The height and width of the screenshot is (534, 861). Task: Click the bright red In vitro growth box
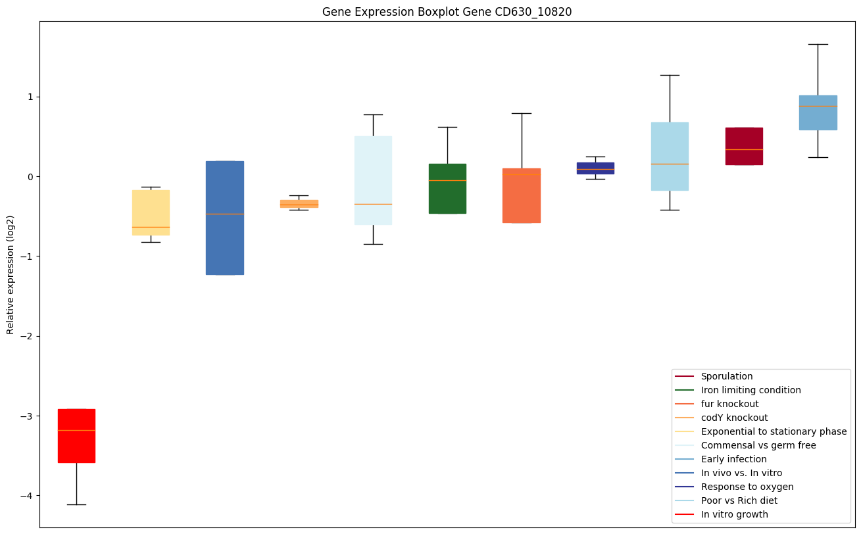click(76, 435)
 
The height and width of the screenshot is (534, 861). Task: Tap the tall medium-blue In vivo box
click(225, 218)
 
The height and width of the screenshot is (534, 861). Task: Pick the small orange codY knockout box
click(299, 204)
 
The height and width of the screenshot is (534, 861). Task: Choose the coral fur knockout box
click(522, 195)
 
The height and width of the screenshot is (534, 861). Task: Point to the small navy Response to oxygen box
click(595, 168)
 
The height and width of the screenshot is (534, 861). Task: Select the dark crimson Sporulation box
click(744, 146)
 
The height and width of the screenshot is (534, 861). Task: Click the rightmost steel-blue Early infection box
click(818, 112)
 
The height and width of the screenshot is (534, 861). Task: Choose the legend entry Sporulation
click(726, 376)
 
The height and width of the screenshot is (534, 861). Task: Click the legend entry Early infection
click(733, 459)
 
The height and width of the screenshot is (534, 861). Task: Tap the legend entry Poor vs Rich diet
click(739, 500)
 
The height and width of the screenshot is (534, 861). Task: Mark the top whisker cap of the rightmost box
click(818, 44)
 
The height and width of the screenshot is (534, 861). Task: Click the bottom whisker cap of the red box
click(76, 504)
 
